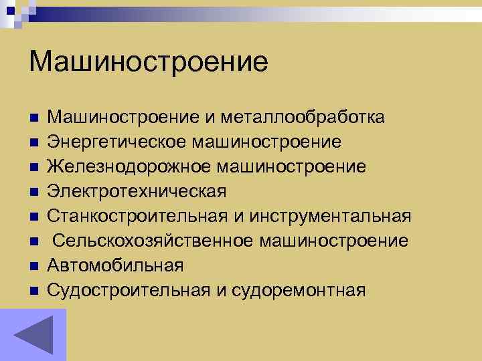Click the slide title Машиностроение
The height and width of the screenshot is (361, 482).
[x=148, y=62]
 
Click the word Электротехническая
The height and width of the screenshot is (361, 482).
[x=137, y=191]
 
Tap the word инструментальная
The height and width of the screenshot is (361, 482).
[x=329, y=216]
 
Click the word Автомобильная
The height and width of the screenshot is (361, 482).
[x=115, y=265]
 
